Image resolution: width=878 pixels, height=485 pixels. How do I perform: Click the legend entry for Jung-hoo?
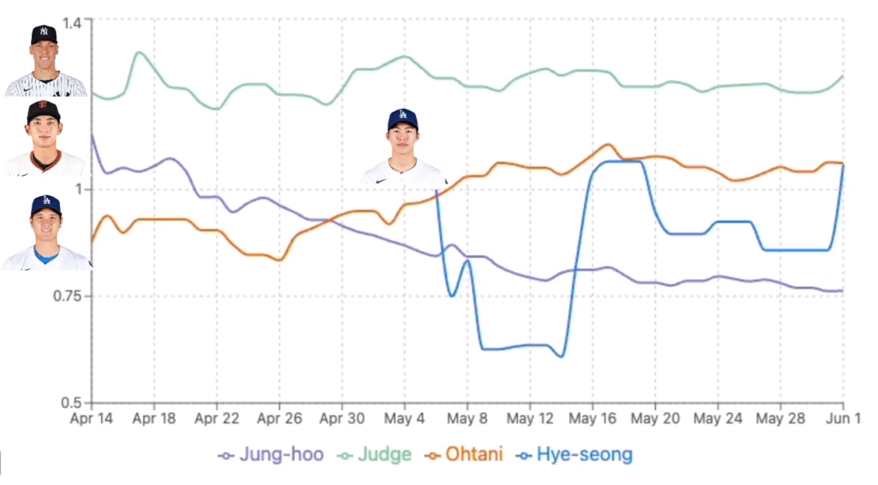[272, 454]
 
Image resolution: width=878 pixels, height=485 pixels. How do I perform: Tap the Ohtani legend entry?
[468, 454]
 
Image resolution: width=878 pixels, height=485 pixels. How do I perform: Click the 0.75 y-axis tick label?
[74, 296]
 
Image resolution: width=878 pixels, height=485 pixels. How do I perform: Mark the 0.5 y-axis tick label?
[78, 403]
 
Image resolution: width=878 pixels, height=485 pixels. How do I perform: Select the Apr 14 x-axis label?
[92, 420]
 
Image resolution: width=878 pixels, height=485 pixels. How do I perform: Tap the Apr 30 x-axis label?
[342, 420]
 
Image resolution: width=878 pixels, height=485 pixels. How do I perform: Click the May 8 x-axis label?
[467, 420]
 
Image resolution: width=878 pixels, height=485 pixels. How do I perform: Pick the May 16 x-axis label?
[592, 420]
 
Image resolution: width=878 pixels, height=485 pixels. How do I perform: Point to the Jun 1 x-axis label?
[843, 420]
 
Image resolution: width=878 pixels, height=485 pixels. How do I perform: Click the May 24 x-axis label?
[718, 420]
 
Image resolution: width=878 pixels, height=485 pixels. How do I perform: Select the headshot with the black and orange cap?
[44, 138]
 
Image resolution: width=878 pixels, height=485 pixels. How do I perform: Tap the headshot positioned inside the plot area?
[404, 147]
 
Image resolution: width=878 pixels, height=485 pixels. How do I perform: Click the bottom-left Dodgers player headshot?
[45, 232]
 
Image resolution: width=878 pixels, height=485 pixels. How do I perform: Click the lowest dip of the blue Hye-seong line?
[561, 356]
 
